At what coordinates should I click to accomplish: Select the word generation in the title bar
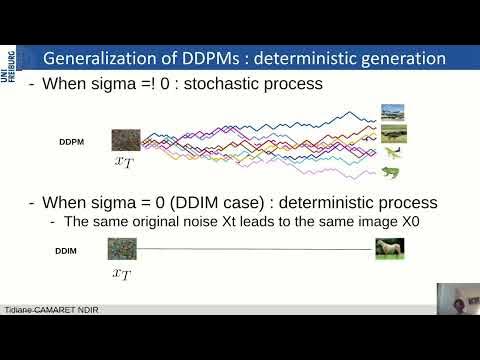(x=400, y=58)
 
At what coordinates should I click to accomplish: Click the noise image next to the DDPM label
(x=124, y=140)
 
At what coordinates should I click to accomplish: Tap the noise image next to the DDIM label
(x=120, y=248)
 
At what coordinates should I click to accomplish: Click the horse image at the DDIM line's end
(x=389, y=248)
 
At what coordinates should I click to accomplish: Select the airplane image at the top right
(x=393, y=112)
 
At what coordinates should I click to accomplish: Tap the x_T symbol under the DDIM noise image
(x=120, y=271)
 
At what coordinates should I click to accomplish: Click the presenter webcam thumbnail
(x=457, y=302)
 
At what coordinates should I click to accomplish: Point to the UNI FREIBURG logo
(x=9, y=69)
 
